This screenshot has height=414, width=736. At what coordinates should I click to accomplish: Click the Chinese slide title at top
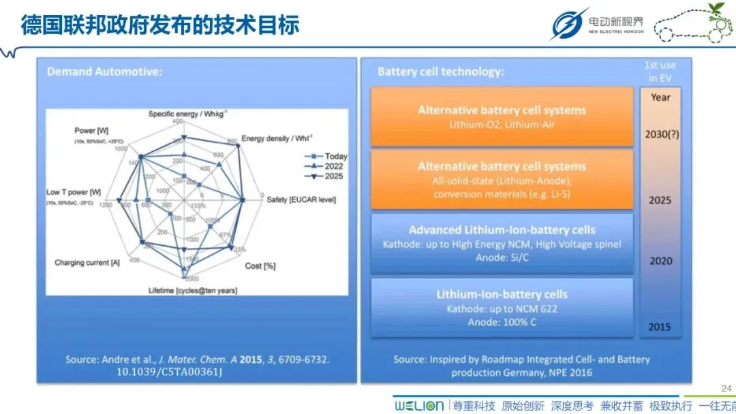pyautogui.click(x=160, y=25)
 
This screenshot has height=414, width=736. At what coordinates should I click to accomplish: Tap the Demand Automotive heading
pyautogui.click(x=104, y=71)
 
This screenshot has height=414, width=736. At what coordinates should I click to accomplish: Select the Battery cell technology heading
pyautogui.click(x=440, y=71)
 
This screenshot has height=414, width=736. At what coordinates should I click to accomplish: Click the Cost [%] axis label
pyautogui.click(x=260, y=266)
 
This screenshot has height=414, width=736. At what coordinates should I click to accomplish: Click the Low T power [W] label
pyautogui.click(x=74, y=192)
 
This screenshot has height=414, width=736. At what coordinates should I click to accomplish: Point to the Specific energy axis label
pyautogui.click(x=188, y=114)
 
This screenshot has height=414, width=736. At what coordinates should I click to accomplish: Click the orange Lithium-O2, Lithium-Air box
pyautogui.click(x=502, y=116)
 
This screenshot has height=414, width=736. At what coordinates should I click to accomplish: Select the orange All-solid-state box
pyautogui.click(x=502, y=179)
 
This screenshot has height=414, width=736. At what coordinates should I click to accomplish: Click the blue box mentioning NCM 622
pyautogui.click(x=502, y=307)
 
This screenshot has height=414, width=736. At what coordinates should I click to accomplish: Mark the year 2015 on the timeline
pyautogui.click(x=659, y=327)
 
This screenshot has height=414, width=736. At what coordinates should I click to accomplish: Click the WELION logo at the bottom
pyautogui.click(x=418, y=405)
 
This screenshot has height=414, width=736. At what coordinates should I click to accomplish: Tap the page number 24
pyautogui.click(x=726, y=389)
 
